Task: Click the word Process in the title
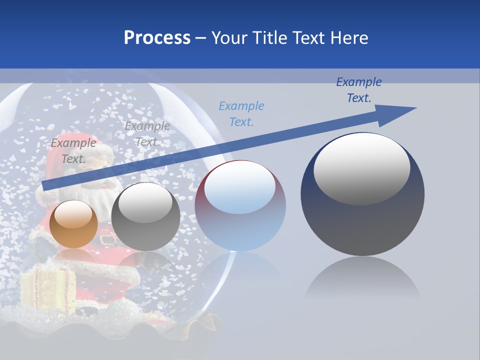[x=157, y=38]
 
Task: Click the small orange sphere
[x=73, y=225]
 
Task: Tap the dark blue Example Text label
[x=358, y=90]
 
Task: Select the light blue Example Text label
[x=241, y=113]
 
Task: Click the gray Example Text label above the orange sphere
[x=73, y=151]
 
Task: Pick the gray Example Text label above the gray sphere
[x=147, y=134]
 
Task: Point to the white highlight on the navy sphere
[x=361, y=167]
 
